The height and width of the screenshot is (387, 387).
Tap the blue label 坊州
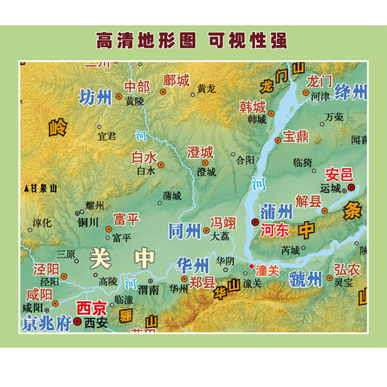tap(95, 97)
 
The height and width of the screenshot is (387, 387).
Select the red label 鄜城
tap(176, 80)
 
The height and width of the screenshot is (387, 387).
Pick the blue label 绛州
tap(351, 93)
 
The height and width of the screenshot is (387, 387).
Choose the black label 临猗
tap(302, 160)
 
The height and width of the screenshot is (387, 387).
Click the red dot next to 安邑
tap(353, 188)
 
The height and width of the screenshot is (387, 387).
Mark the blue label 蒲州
tap(275, 212)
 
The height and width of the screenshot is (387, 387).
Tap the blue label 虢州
tap(306, 278)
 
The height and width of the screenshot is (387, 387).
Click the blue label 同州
tap(184, 229)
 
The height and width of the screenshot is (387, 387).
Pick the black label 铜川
tap(88, 221)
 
